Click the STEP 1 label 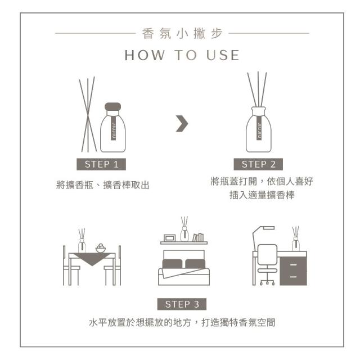[x=101, y=164]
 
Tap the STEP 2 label [x=258, y=164]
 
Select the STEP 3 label [x=182, y=304]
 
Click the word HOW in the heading [x=145, y=55]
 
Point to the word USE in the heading [x=223, y=55]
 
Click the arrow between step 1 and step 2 [x=182, y=124]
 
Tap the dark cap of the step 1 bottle [x=112, y=107]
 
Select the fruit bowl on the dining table [x=100, y=248]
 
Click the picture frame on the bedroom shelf [x=170, y=238]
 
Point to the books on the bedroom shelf [x=198, y=237]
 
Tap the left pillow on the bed [x=172, y=264]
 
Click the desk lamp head [x=269, y=228]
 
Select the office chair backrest [x=268, y=255]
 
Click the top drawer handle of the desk [x=293, y=265]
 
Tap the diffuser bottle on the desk [x=296, y=244]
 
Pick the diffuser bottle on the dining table [x=82, y=246]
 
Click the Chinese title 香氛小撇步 [x=182, y=34]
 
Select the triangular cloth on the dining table [x=92, y=258]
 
